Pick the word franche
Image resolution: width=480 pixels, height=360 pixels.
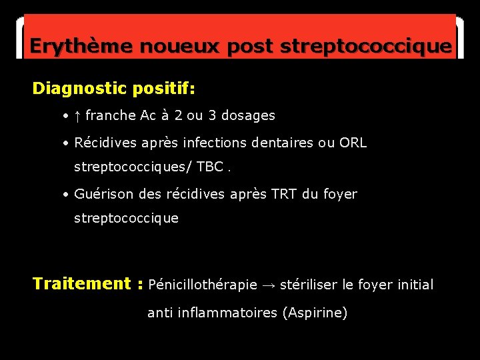tap(111, 116)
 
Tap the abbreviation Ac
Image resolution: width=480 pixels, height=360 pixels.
tap(148, 116)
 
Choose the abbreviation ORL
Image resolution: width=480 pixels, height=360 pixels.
tap(353, 143)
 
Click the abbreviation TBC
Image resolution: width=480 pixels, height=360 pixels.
tap(209, 166)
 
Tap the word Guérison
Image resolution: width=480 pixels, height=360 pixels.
tap(102, 195)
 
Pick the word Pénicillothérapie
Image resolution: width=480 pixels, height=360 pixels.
tap(203, 285)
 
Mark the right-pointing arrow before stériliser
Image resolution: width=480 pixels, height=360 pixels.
tap(268, 285)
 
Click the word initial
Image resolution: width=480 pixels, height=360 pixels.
tap(415, 285)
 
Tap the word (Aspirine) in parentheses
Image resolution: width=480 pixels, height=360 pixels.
tap(315, 313)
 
